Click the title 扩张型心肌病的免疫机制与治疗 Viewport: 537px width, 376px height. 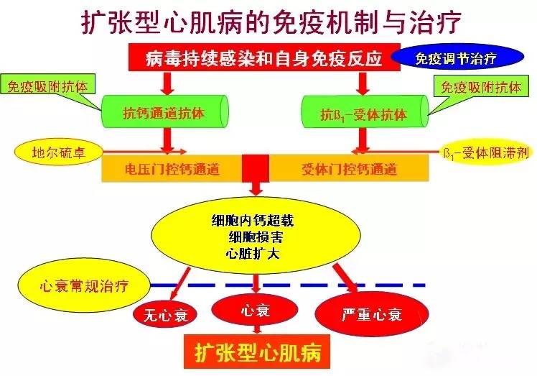[271, 22]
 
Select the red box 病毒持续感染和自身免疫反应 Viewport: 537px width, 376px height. [264, 58]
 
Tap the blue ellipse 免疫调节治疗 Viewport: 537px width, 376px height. [457, 58]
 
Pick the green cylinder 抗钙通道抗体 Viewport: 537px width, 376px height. [164, 112]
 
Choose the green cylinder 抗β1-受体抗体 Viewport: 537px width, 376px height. [365, 112]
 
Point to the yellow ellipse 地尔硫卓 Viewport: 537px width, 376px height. [59, 152]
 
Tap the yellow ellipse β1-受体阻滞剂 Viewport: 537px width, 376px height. [486, 152]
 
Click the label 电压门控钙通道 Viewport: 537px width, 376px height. [172, 169]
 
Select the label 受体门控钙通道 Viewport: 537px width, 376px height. [350, 169]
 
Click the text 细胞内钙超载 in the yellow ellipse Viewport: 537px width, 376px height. [253, 220]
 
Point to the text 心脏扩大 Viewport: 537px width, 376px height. [253, 254]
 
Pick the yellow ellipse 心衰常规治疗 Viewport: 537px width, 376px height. [84, 285]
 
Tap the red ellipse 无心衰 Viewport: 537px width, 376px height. [165, 314]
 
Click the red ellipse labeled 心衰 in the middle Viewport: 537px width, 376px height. [255, 310]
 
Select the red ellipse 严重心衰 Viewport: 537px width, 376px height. [372, 313]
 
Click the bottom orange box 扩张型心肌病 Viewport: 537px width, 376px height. [257, 352]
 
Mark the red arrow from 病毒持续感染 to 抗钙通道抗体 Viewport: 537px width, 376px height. [167, 83]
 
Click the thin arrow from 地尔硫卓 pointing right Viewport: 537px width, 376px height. [144, 151]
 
